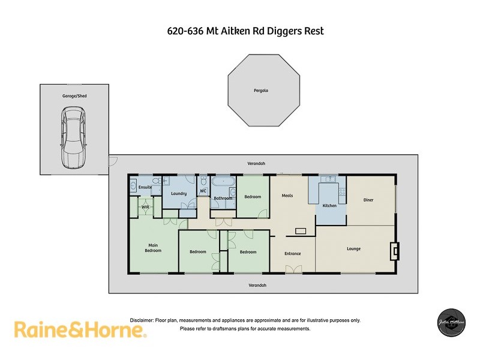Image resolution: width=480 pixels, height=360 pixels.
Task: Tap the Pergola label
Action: pyautogui.click(x=260, y=91)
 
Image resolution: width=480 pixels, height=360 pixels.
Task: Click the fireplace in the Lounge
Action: pyautogui.click(x=394, y=251)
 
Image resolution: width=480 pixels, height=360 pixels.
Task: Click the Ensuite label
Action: pyautogui.click(x=145, y=188)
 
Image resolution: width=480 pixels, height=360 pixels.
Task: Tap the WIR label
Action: pyautogui.click(x=145, y=207)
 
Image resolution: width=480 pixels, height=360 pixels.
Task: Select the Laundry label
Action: pyautogui.click(x=179, y=193)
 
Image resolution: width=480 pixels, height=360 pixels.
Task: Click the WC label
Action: pyautogui.click(x=203, y=192)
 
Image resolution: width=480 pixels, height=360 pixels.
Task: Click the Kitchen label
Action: pyautogui.click(x=330, y=206)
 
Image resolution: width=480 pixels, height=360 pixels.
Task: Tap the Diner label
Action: pyautogui.click(x=368, y=200)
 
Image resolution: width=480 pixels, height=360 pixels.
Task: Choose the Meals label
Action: pyautogui.click(x=287, y=195)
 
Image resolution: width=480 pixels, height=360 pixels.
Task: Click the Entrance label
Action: pyautogui.click(x=293, y=253)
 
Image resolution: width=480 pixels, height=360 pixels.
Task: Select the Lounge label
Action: pyautogui.click(x=353, y=248)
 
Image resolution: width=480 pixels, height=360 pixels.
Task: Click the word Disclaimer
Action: pyautogui.click(x=142, y=320)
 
